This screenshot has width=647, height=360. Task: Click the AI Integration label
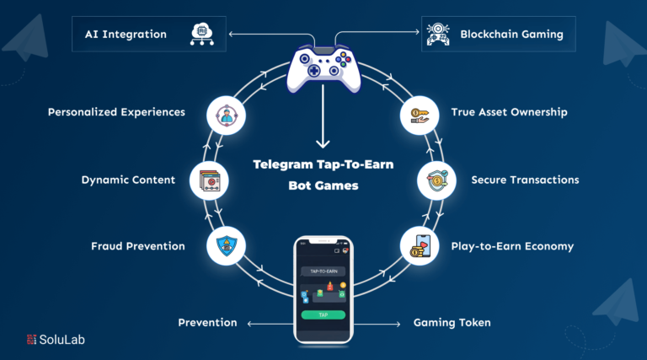coord(125,35)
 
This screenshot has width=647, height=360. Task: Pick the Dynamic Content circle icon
coord(208,180)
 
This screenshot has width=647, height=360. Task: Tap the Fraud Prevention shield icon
coord(226,245)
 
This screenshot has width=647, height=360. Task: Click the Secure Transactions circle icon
coord(436,180)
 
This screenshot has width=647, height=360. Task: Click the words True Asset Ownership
coord(509,111)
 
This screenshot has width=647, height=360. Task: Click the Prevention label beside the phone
coord(207,323)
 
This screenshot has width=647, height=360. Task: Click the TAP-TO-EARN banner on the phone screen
coord(324,271)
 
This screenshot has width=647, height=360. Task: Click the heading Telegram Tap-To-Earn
coord(323,164)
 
